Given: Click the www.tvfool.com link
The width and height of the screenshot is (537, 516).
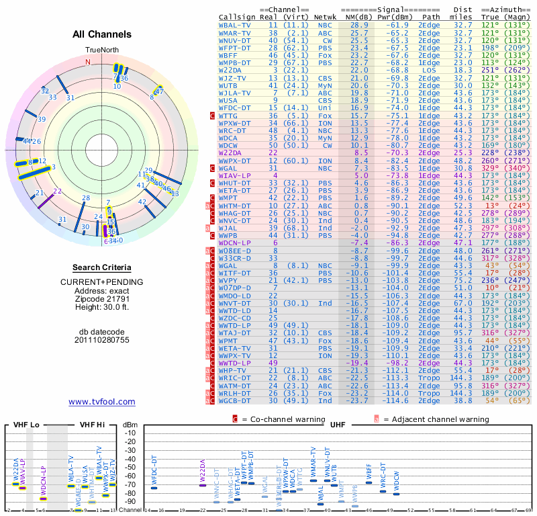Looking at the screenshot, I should [102, 402].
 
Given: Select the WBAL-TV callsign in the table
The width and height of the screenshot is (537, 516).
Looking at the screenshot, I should [236, 25].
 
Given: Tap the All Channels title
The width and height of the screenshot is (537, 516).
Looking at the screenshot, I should [101, 34].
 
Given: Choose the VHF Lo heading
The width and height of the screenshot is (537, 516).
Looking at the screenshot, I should [26, 425].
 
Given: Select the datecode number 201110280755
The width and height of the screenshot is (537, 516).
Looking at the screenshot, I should [102, 340].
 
